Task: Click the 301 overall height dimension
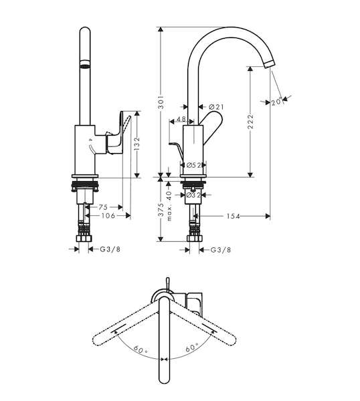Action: click(161, 102)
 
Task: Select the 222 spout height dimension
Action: click(250, 121)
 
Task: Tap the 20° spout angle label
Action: click(277, 102)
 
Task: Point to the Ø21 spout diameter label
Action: click(216, 107)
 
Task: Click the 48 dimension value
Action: click(181, 119)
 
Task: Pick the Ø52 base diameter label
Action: click(193, 165)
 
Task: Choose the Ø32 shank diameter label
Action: click(193, 195)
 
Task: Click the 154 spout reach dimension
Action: click(234, 217)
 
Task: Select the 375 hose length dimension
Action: click(161, 209)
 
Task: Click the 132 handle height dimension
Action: click(137, 144)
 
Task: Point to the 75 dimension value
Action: click(103, 207)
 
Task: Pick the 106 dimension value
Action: click(108, 216)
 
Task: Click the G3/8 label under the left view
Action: click(110, 249)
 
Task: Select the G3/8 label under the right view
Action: click(221, 249)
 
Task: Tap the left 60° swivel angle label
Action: click(140, 349)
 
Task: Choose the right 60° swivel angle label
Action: click(192, 348)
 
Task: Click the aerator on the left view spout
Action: click(85, 64)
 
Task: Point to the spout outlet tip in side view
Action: click(269, 63)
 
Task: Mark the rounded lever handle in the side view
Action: click(211, 128)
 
